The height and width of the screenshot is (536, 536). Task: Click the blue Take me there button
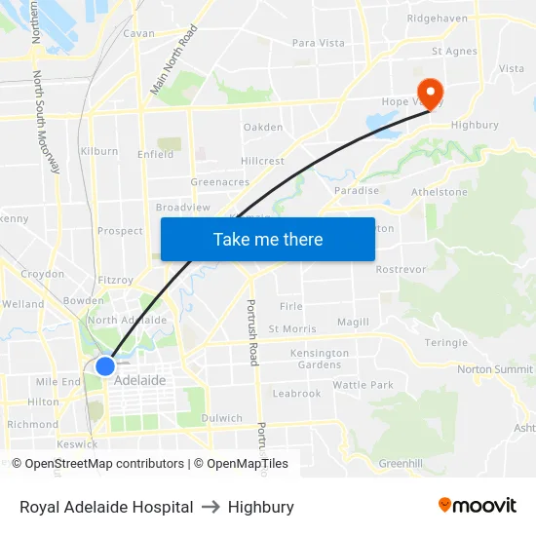tap(268, 239)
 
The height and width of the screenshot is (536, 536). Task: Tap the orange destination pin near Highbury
tap(430, 89)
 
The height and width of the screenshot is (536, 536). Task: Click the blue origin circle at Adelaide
tap(105, 365)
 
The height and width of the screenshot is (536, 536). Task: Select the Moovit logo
tap(478, 505)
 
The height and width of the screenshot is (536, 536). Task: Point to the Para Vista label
tap(319, 43)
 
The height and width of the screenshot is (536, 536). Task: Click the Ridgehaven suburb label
tap(438, 18)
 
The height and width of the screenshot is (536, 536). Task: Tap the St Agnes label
tap(454, 51)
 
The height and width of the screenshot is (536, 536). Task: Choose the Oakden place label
tap(263, 128)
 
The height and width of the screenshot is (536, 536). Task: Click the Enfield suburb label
tap(156, 154)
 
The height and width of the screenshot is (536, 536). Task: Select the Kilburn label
tap(99, 151)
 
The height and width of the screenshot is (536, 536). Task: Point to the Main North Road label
tap(173, 60)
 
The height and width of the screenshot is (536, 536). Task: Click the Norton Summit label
tap(495, 369)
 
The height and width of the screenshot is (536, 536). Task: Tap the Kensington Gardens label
tap(320, 359)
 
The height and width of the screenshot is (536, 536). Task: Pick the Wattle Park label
tap(363, 385)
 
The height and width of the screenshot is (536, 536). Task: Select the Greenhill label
tap(400, 463)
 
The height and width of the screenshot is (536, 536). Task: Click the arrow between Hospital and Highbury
tap(211, 507)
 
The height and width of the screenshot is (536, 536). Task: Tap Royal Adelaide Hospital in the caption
tap(106, 507)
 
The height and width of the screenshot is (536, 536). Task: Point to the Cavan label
tap(138, 33)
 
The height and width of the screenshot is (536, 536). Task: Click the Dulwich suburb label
tap(221, 418)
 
